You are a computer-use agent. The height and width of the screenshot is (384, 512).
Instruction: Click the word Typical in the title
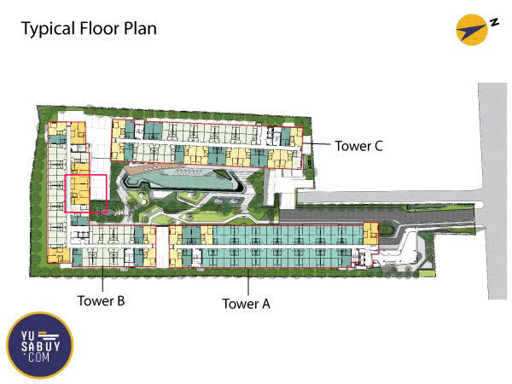coord(49,29)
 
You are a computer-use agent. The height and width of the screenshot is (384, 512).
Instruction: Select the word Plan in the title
coord(141,28)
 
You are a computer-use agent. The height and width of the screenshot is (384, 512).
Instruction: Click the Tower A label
coord(247,304)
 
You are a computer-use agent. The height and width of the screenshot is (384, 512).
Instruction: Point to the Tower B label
coord(102,300)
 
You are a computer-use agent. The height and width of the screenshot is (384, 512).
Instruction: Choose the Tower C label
coord(358,146)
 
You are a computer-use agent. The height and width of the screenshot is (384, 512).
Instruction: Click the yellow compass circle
coord(472,30)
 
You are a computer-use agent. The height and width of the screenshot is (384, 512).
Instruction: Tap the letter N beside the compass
coord(494,23)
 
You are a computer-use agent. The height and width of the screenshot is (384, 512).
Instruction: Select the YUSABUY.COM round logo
coord(40,345)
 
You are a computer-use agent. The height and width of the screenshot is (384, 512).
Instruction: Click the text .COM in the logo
coord(38,358)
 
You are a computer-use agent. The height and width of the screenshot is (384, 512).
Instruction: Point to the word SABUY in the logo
coord(41,346)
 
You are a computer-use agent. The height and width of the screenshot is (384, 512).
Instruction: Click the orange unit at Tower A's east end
coord(370,234)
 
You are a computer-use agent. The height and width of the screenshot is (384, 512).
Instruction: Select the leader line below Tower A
coord(248,282)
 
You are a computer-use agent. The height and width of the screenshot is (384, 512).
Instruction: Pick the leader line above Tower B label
coord(103,278)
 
